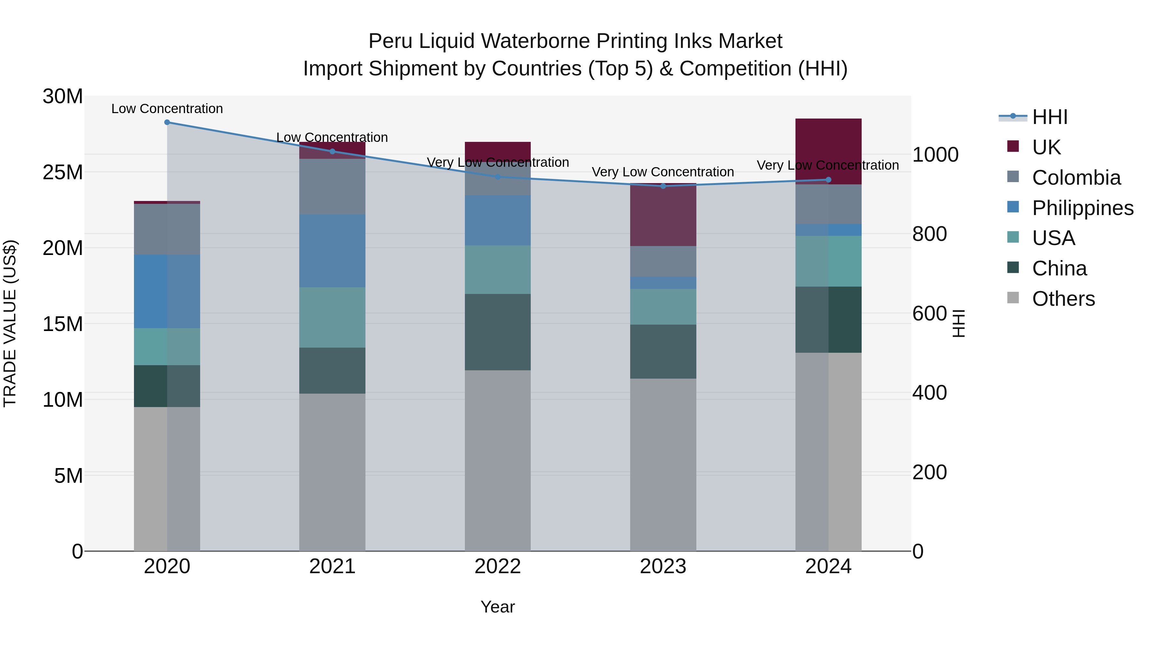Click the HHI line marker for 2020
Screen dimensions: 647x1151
pyautogui.click(x=167, y=122)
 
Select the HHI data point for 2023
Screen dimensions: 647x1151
pyautogui.click(x=663, y=186)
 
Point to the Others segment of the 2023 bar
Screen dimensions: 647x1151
pyautogui.click(x=663, y=464)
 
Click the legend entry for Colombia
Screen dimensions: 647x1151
pyautogui.click(x=1076, y=178)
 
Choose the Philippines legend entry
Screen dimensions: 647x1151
pyautogui.click(x=1083, y=208)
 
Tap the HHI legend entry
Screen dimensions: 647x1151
pyautogui.click(x=1050, y=117)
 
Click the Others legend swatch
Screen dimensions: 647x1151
pyautogui.click(x=1013, y=298)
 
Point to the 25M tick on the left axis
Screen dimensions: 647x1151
pyautogui.click(x=63, y=172)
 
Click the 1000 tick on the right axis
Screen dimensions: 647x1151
pyautogui.click(x=935, y=155)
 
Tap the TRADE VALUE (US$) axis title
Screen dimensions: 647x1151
pyautogui.click(x=10, y=323)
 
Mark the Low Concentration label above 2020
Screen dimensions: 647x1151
pyautogui.click(x=167, y=109)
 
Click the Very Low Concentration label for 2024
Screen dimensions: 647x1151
pyautogui.click(x=827, y=165)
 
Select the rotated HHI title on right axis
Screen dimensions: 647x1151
pyautogui.click(x=959, y=323)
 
